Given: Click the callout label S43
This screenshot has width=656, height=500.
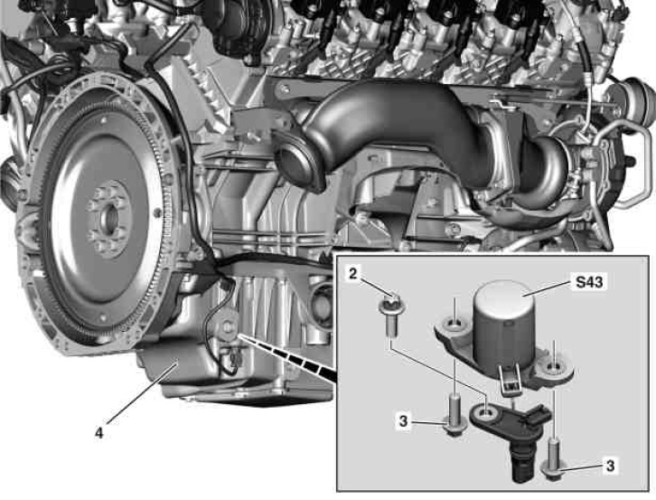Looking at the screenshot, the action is coord(589,282).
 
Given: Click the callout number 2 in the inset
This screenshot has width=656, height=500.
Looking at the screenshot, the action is coord(353,275).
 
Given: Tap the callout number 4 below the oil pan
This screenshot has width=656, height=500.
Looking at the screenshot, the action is coord(98,433).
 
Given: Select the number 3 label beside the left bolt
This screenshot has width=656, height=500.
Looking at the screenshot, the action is coord(403,420).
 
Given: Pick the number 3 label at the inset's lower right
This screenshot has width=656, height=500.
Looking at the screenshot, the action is coord(611,466).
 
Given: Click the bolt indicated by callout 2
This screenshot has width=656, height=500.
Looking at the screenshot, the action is coord(390,315).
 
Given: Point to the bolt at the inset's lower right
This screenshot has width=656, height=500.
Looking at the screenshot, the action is coord(553,460).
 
